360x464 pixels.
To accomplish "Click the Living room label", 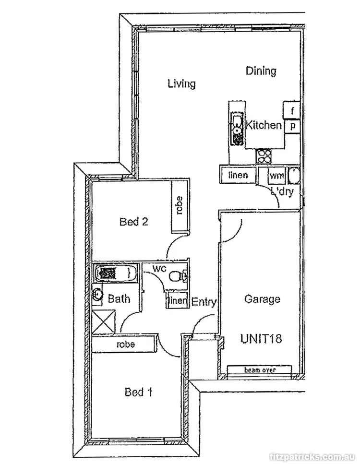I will tap(181, 83).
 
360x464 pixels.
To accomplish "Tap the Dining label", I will tap(261, 71).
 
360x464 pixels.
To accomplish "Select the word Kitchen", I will tap(264, 125).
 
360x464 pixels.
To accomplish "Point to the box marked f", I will tap(292, 110).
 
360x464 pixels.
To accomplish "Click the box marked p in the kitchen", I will tap(292, 126).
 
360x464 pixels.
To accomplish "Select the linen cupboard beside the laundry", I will tap(238, 175).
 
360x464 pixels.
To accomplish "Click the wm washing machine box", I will tap(276, 176).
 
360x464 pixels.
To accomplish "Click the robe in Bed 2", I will tap(180, 206).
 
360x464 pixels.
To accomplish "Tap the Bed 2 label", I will tap(133, 222).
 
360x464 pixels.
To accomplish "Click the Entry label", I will tap(204, 302).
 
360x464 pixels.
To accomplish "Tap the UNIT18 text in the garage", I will tap(261, 338).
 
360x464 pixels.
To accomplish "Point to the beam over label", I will tap(259, 370).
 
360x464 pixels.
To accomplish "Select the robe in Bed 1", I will tap(125, 344).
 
